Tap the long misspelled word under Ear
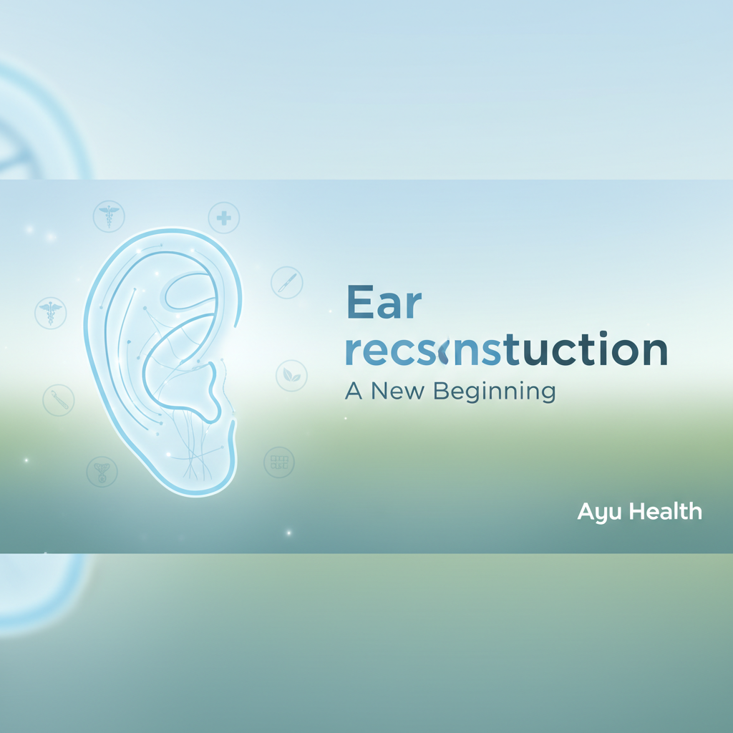coord(506,349)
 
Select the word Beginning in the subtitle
coord(495,392)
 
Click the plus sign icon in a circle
coord(223,217)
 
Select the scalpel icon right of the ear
coord(287,283)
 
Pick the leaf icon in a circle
coord(291,375)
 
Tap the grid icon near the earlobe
coord(279,462)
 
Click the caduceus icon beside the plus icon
coord(109,215)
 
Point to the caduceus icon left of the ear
coord(50,313)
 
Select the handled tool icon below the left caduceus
coord(58,399)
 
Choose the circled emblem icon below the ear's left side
coord(101,471)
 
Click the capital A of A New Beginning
coord(352,392)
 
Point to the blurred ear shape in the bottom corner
coord(36,587)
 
